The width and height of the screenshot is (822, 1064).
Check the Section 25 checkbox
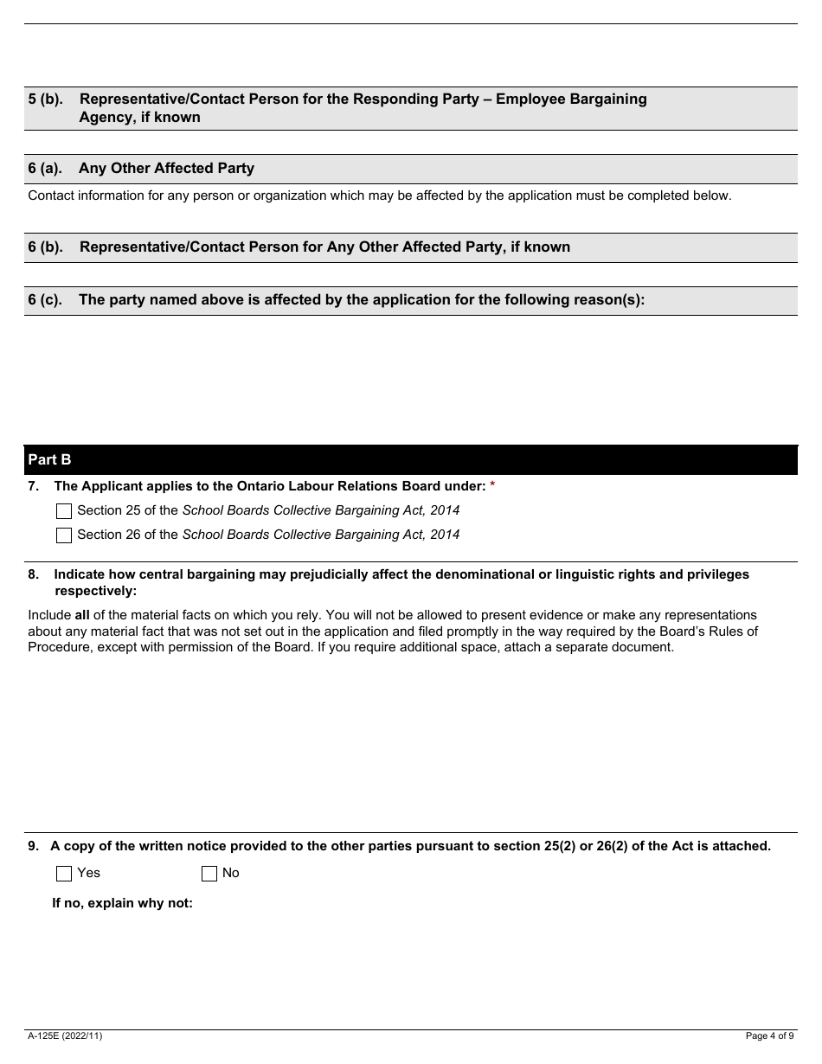[x=64, y=511]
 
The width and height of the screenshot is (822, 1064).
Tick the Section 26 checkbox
[x=64, y=535]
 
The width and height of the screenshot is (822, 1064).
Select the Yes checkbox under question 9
[x=64, y=874]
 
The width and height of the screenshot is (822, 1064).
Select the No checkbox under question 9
[x=209, y=874]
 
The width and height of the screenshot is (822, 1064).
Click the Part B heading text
[x=49, y=460]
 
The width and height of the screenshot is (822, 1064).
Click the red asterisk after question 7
[x=492, y=486]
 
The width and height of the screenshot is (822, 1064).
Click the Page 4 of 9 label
[x=769, y=1035]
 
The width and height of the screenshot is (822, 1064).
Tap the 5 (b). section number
[x=45, y=99]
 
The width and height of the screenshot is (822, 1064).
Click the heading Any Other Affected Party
[x=166, y=169]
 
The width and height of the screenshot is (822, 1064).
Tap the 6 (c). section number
[x=45, y=300]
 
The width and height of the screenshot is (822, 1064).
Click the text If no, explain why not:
[x=122, y=903]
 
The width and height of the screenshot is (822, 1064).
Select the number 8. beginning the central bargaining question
[x=33, y=575]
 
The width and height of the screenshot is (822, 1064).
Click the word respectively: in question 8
[x=95, y=592]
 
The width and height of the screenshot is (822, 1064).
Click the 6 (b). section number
[x=45, y=247]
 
